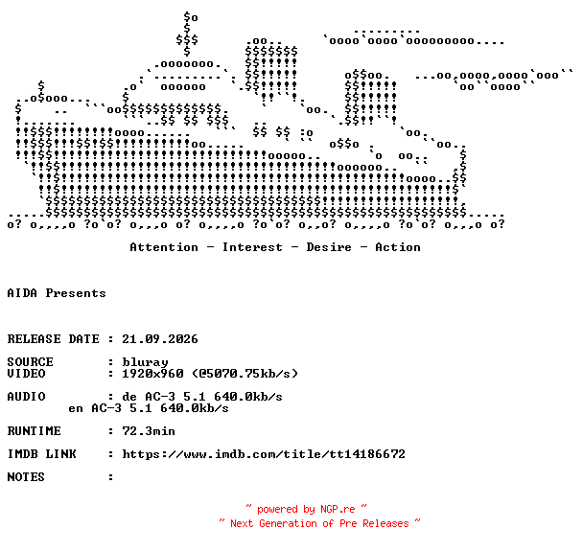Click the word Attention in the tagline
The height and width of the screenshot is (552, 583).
pyautogui.click(x=164, y=247)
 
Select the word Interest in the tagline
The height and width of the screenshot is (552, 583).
pyautogui.click(x=252, y=247)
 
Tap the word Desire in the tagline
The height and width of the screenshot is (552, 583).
pyautogui.click(x=329, y=247)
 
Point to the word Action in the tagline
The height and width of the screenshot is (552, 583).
pyautogui.click(x=398, y=247)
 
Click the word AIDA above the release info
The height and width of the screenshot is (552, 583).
pyautogui.click(x=22, y=293)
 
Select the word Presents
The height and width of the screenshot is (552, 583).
pyautogui.click(x=76, y=293)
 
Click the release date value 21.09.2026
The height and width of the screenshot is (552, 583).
pyautogui.click(x=160, y=339)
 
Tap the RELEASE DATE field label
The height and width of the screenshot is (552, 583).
pyautogui.click(x=53, y=339)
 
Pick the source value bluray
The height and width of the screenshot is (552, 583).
pyautogui.click(x=145, y=362)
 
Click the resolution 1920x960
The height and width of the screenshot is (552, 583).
pyautogui.click(x=152, y=374)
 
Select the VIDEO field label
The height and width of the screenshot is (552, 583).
pyautogui.click(x=27, y=374)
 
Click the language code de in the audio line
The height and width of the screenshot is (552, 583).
pyautogui.click(x=129, y=397)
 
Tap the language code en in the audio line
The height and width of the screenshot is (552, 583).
pyautogui.click(x=76, y=408)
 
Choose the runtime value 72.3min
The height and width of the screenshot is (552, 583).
pyautogui.click(x=149, y=431)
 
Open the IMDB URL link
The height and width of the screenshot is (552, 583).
pyautogui.click(x=264, y=454)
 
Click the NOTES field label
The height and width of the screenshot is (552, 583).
pyautogui.click(x=26, y=477)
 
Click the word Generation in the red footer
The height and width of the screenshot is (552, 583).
pyautogui.click(x=289, y=523)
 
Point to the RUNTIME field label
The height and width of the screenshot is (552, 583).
pyautogui.click(x=34, y=431)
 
